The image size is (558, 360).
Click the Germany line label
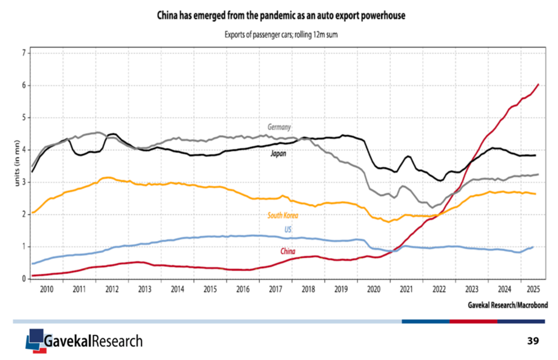pos(279,127)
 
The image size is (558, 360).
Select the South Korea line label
pos(283,215)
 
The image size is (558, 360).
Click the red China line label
pos(288,251)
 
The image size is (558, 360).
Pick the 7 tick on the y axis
pos(24,53)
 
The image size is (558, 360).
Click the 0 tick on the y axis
pos(24,279)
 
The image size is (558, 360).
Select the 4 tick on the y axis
pos(24,150)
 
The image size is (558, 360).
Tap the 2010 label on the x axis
pos(46,288)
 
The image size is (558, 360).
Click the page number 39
pos(533,341)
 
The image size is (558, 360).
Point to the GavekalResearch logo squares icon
pos(34,339)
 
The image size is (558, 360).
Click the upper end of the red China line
pos(539,84)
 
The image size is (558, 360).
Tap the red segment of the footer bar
pos(473,321)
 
